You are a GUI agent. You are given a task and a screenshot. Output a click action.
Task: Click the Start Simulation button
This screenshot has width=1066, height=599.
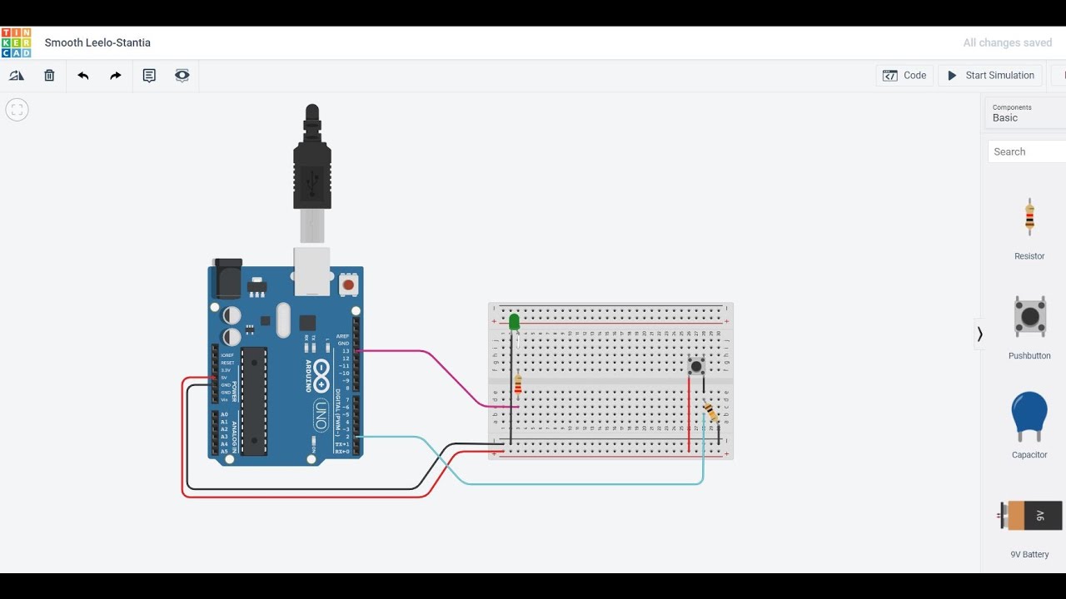[990, 76]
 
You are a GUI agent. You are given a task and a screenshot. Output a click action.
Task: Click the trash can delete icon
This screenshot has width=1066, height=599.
[49, 76]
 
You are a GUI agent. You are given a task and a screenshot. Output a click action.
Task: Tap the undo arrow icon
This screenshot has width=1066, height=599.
[83, 76]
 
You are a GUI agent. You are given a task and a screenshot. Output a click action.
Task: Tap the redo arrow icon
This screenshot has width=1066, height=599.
[116, 76]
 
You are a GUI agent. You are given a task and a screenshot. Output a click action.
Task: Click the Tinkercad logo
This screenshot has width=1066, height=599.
[16, 42]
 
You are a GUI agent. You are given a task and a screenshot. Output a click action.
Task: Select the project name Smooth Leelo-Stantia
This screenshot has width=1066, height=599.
[97, 42]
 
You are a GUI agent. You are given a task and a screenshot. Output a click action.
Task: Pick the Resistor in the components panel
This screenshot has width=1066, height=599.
[1029, 218]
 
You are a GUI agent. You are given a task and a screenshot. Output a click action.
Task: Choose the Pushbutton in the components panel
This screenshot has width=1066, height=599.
[1030, 316]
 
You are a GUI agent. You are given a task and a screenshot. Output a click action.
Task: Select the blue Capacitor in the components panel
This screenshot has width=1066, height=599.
[1029, 416]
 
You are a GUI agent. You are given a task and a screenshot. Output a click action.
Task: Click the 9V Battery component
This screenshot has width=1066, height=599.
[1031, 516]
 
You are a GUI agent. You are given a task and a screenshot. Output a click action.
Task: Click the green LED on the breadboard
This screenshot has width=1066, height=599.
[514, 321]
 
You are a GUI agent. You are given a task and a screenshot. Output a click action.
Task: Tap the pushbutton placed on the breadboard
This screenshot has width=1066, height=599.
[696, 366]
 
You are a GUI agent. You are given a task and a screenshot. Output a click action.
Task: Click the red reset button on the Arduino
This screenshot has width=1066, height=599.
[348, 285]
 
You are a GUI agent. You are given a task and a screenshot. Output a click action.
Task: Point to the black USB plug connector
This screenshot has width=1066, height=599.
[312, 162]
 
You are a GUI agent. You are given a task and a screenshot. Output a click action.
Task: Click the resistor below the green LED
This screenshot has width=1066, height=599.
[518, 384]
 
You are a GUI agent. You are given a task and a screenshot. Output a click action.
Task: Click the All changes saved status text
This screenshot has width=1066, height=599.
[1007, 42]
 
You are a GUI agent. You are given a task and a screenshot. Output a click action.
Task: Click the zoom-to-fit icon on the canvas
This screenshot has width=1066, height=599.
[17, 110]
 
